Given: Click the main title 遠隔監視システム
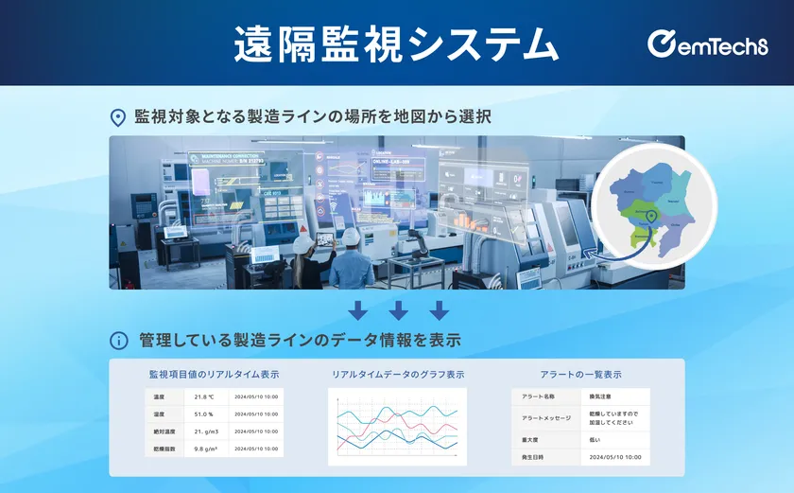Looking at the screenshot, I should click(396, 44).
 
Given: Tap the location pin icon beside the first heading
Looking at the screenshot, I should click(118, 117).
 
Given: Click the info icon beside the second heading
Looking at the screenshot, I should click(118, 340).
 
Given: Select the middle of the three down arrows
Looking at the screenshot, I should click(398, 310).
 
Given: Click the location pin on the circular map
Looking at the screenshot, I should click(651, 219).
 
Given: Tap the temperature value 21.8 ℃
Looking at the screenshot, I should click(204, 397).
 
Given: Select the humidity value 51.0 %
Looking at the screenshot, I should click(204, 414).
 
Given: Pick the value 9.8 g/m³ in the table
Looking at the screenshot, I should click(207, 448).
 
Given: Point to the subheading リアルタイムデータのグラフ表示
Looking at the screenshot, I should click(398, 375).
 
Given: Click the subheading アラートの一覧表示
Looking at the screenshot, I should click(580, 375).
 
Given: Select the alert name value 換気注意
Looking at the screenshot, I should click(602, 396).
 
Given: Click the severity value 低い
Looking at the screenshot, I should click(595, 440).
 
